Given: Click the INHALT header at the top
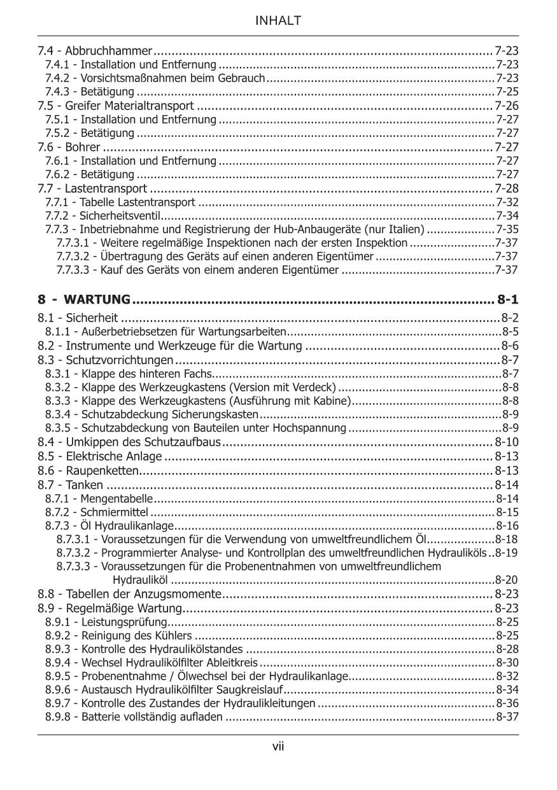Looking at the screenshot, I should [x=278, y=21].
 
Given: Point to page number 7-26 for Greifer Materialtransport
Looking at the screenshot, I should [x=507, y=106].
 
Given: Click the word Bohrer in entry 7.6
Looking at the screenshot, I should [x=83, y=148].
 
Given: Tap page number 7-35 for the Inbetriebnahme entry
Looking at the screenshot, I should [x=507, y=230].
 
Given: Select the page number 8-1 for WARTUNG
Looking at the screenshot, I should [x=507, y=299].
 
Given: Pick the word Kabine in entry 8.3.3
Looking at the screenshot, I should [x=332, y=400].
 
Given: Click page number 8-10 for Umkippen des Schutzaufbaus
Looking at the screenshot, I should [x=507, y=442].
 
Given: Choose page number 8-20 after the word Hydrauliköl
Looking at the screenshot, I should [x=507, y=580].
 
